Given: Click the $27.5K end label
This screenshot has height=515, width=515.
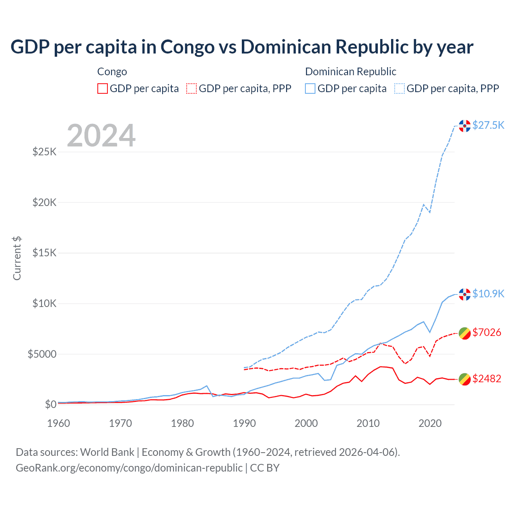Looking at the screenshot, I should click(x=488, y=125).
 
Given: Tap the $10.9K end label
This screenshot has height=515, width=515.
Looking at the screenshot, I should click(x=488, y=294).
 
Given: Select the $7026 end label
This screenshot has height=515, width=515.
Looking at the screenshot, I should click(x=486, y=332).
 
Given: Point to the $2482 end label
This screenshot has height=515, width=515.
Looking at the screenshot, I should click(x=486, y=379).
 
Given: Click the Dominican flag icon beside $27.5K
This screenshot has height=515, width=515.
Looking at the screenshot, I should click(x=465, y=126).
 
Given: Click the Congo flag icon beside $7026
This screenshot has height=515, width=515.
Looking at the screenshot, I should click(x=465, y=333).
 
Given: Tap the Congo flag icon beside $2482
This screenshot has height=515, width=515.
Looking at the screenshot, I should click(x=465, y=379).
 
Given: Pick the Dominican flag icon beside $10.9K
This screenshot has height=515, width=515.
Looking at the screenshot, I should click(x=465, y=295).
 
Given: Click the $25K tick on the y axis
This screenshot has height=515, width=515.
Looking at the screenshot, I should click(x=44, y=152).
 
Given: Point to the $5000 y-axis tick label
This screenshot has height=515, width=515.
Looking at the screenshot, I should click(x=42, y=354).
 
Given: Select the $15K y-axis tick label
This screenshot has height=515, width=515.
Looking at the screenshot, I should click(x=44, y=253).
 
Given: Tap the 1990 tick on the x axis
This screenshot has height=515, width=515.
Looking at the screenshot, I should click(x=244, y=423).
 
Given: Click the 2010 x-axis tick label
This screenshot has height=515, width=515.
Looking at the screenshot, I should click(x=368, y=423).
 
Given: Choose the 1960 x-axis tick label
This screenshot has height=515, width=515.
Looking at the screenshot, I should click(x=59, y=423).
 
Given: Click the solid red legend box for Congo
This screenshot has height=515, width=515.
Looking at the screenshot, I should click(x=103, y=89).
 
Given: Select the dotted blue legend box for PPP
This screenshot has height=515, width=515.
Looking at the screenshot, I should click(x=400, y=89).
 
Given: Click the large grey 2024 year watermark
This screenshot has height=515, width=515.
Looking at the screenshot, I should click(x=101, y=136).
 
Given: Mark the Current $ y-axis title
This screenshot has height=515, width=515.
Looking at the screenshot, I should click(x=17, y=258).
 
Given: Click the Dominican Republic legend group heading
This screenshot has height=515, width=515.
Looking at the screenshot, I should click(x=350, y=72).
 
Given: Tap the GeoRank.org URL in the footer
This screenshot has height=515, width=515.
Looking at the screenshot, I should click(x=129, y=468).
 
